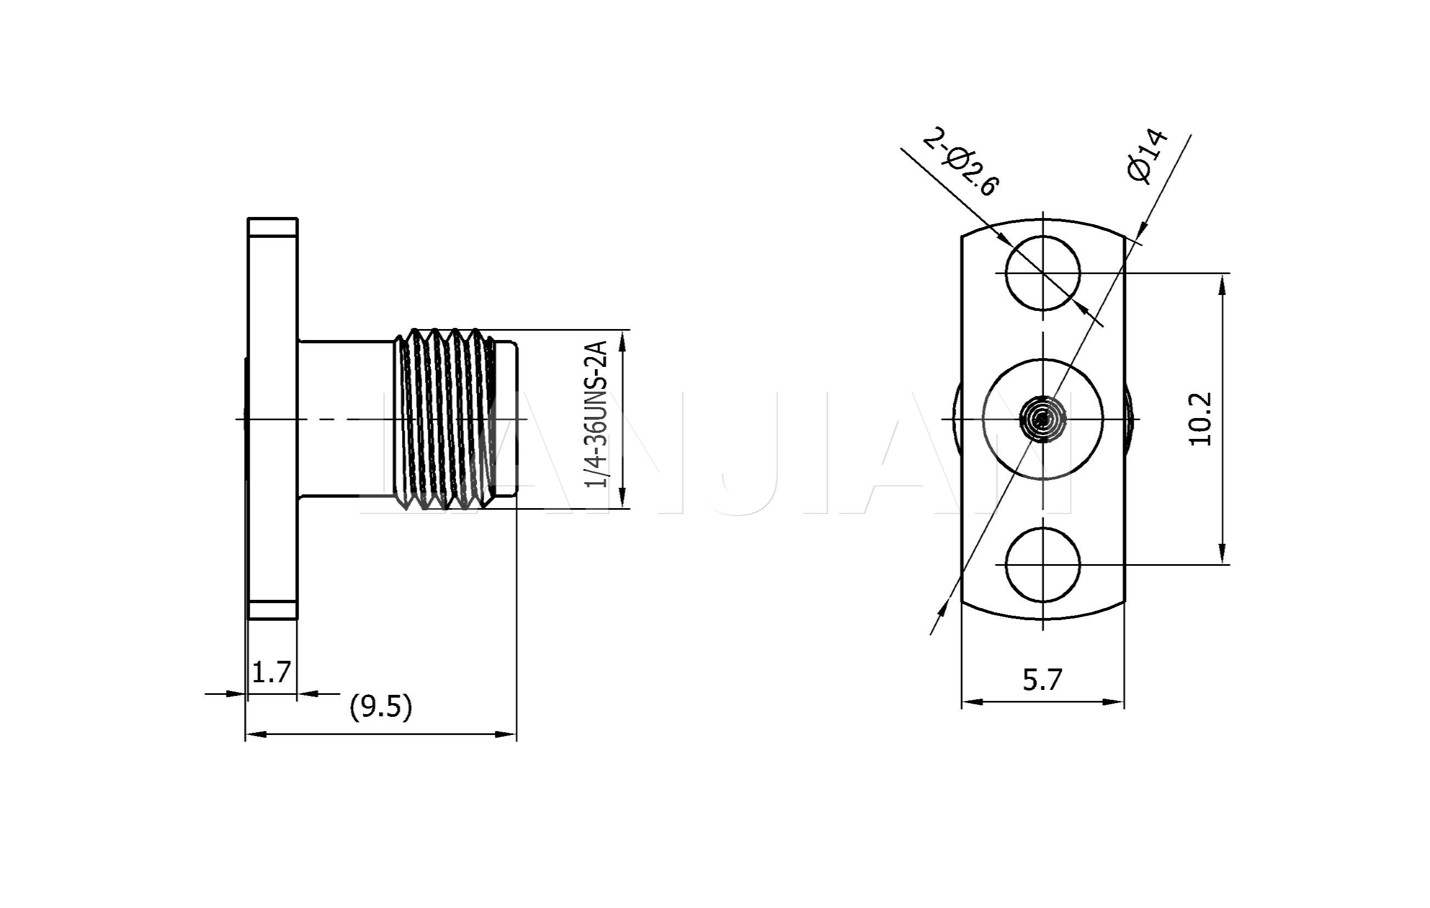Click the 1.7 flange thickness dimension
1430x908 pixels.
click(271, 672)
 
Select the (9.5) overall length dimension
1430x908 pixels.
click(381, 707)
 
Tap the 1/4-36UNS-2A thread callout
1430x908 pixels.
click(596, 415)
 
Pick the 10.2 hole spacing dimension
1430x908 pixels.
click(1200, 419)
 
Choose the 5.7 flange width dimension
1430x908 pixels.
click(1042, 679)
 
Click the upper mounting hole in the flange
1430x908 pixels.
click(1043, 273)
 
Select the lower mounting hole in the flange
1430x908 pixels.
click(1043, 564)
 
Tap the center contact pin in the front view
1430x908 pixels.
click(1043, 419)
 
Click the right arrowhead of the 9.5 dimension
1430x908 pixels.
click(506, 734)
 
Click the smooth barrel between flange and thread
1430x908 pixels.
click(346, 419)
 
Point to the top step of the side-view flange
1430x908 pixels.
click(272, 227)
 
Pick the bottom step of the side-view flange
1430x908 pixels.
click(272, 610)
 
